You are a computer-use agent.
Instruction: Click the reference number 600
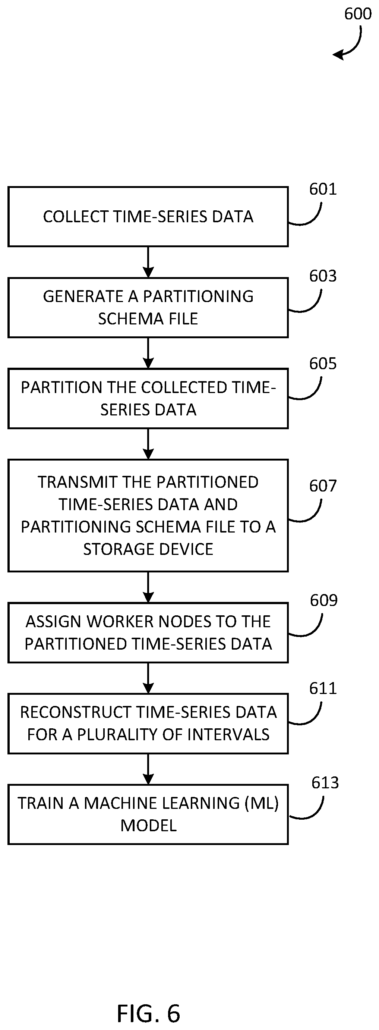358,14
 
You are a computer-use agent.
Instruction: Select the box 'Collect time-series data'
148,216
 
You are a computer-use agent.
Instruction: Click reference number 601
323,189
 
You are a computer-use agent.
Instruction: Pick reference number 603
323,276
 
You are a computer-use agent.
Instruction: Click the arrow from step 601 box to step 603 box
148,262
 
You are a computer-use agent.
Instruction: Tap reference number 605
323,364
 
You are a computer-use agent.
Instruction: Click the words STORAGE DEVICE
148,549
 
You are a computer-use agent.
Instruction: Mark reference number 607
323,486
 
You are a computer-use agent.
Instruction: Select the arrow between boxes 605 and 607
148,444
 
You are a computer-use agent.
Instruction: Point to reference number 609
324,600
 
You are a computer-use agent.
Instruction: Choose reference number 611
323,688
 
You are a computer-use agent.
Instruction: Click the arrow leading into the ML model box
148,769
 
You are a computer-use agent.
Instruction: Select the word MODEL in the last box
149,825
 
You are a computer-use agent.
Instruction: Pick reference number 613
325,782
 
